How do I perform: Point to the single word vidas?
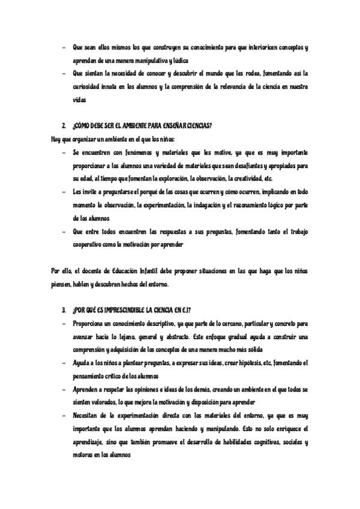tap(79, 99)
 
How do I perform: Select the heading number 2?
tap(64, 127)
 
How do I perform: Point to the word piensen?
tap(61, 284)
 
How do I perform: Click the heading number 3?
tap(64, 310)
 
